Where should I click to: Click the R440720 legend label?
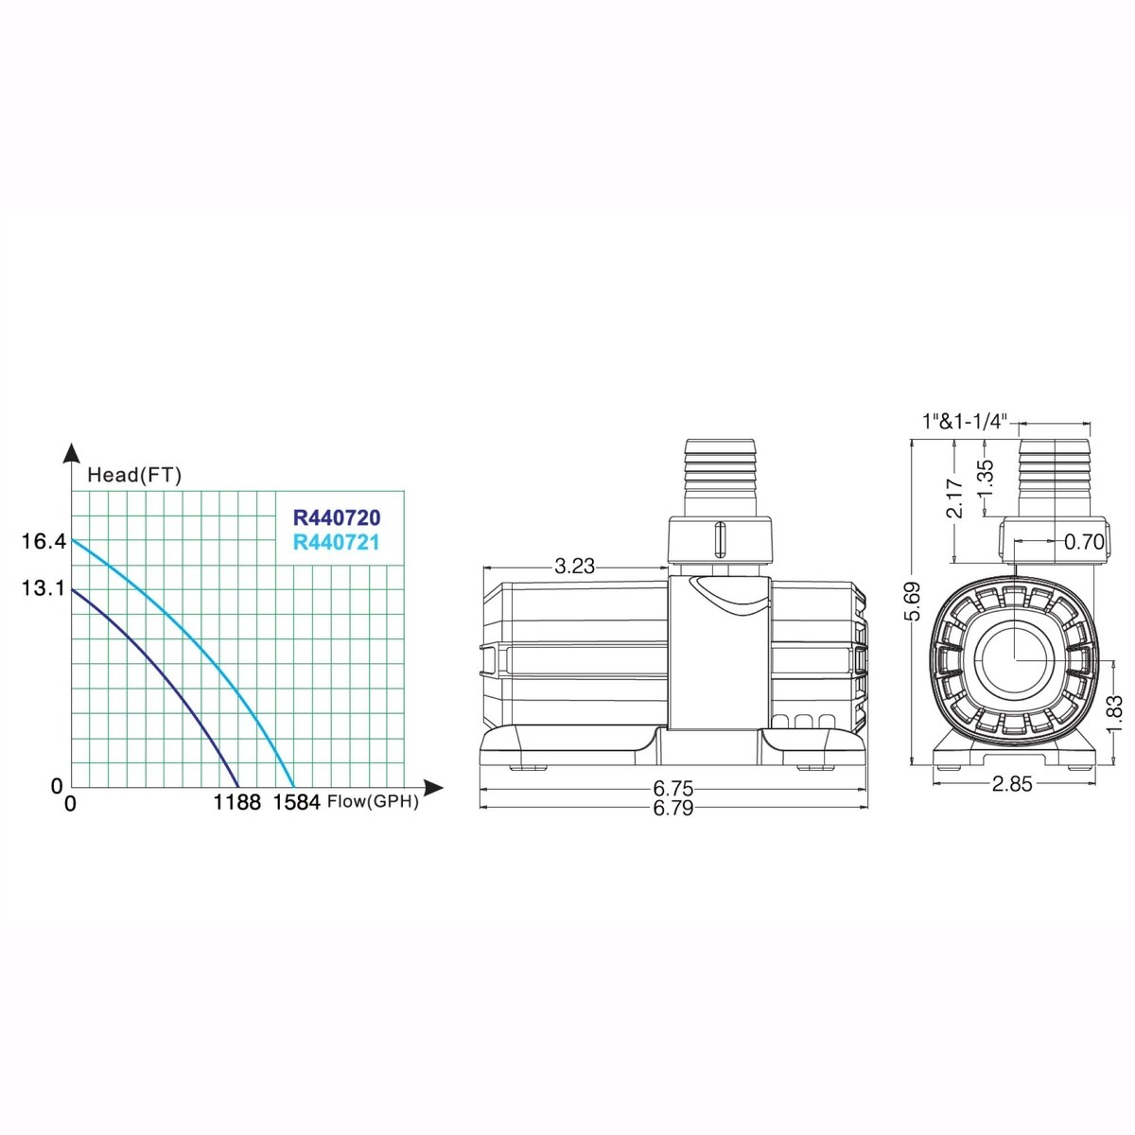pos(337,517)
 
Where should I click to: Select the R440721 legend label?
pos(337,542)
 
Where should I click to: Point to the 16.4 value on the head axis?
pos(44,541)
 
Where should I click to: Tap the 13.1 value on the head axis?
pos(44,587)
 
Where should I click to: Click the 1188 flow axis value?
pos(236,802)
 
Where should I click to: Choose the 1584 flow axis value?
pos(297,802)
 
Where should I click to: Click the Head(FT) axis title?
pos(134,475)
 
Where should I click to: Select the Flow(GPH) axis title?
pos(373,802)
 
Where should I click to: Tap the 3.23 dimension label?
pos(575,566)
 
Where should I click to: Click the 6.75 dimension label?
pos(673,788)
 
